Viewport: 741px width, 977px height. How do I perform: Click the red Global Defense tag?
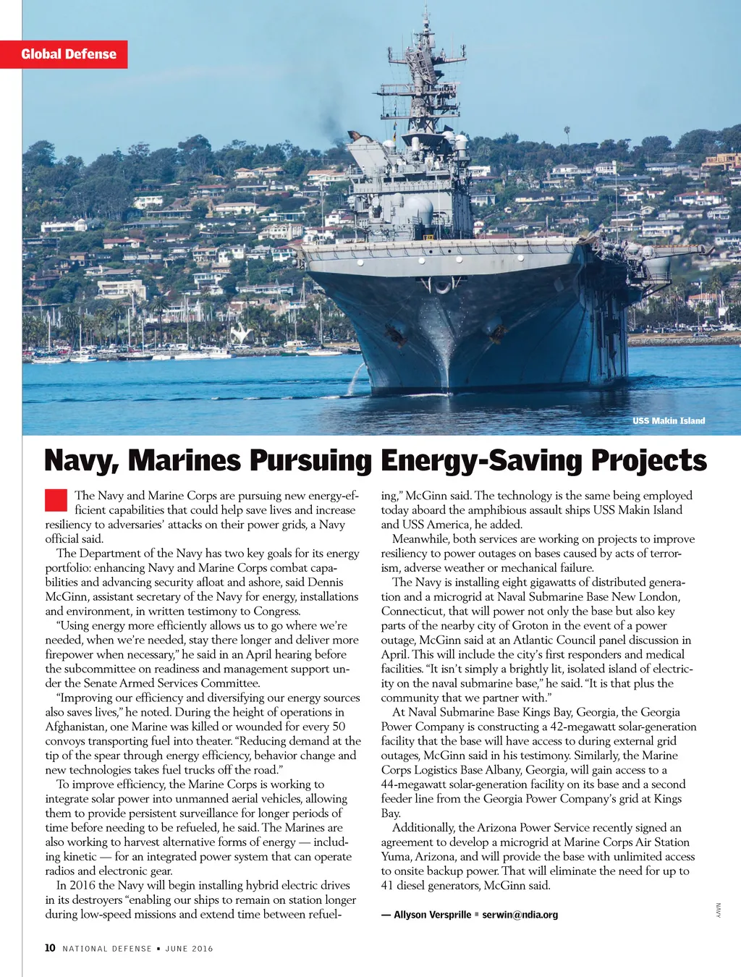(x=69, y=54)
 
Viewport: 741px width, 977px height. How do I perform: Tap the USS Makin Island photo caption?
(x=668, y=420)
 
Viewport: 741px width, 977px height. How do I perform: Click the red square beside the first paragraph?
(x=56, y=500)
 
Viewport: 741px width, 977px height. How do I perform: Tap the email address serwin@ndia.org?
(x=520, y=915)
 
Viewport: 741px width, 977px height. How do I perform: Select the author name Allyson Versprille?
(x=432, y=915)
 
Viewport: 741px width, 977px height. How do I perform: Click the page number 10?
(x=50, y=948)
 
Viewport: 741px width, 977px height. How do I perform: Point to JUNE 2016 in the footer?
(x=189, y=949)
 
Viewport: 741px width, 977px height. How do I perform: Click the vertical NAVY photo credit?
(x=719, y=910)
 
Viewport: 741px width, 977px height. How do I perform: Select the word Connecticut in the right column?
(x=413, y=611)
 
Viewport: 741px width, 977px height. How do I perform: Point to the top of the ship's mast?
(x=426, y=10)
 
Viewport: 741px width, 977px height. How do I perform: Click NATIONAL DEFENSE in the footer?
(x=107, y=949)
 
